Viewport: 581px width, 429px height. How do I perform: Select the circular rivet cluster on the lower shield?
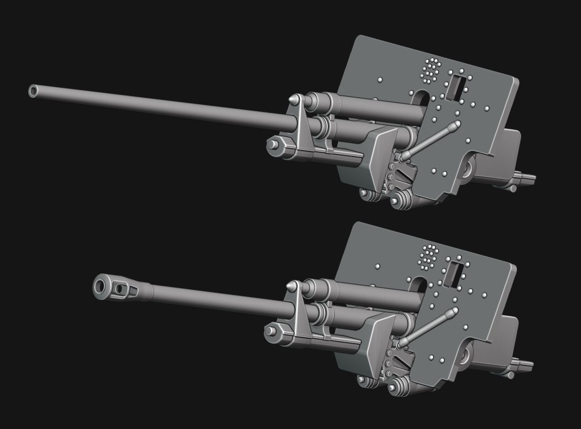click(x=429, y=257)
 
